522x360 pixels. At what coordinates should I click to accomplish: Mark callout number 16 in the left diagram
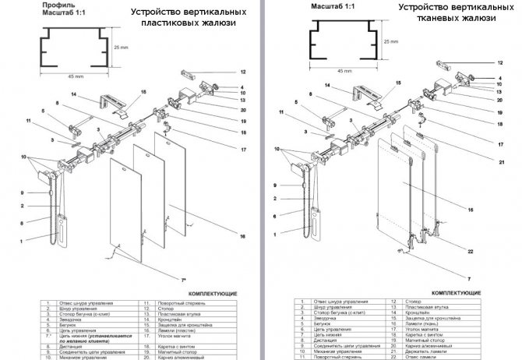click(x=243, y=236)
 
